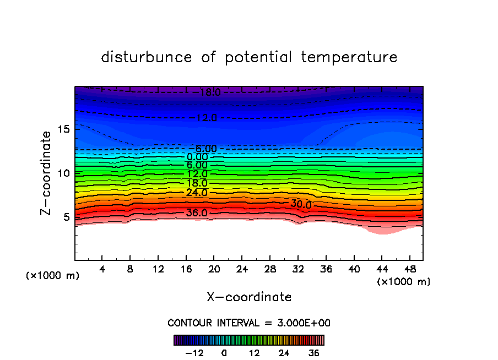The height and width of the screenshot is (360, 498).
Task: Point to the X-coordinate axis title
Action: [249, 297]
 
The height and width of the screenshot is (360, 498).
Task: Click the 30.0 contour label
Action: [301, 204]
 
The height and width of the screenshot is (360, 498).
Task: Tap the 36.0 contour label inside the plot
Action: [197, 213]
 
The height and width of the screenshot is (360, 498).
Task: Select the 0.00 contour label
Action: [197, 157]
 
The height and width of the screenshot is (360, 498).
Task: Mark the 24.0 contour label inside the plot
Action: [197, 193]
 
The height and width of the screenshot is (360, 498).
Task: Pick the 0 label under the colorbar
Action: [224, 353]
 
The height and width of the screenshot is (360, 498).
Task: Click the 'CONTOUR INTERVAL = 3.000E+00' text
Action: [249, 323]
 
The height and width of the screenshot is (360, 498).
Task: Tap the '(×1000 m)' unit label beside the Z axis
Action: [53, 276]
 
